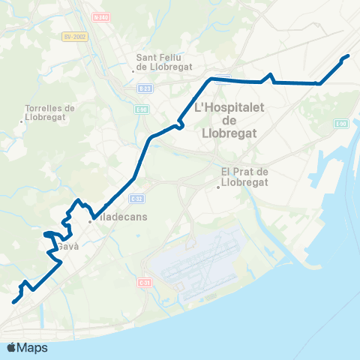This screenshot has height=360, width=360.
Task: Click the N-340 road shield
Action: pyautogui.click(x=100, y=16)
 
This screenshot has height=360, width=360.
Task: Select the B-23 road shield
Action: pyautogui.click(x=145, y=87)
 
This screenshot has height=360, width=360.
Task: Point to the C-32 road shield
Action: pyautogui.click(x=136, y=198)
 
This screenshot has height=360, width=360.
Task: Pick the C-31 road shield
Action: pyautogui.click(x=145, y=282)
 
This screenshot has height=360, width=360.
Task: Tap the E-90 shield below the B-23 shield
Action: pyautogui.click(x=140, y=109)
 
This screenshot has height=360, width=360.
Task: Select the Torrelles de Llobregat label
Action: pyautogui.click(x=49, y=112)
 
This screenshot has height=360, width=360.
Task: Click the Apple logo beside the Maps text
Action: pyautogui.click(x=11, y=347)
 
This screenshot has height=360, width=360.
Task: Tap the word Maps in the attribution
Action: pyautogui.click(x=32, y=348)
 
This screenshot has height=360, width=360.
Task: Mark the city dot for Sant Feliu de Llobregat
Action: pyautogui.click(x=133, y=72)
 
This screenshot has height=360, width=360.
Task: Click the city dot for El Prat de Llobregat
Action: pyautogui.click(x=217, y=187)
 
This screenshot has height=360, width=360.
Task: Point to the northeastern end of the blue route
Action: pyautogui.click(x=349, y=55)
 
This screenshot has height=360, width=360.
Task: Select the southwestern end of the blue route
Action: pyautogui.click(x=13, y=302)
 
